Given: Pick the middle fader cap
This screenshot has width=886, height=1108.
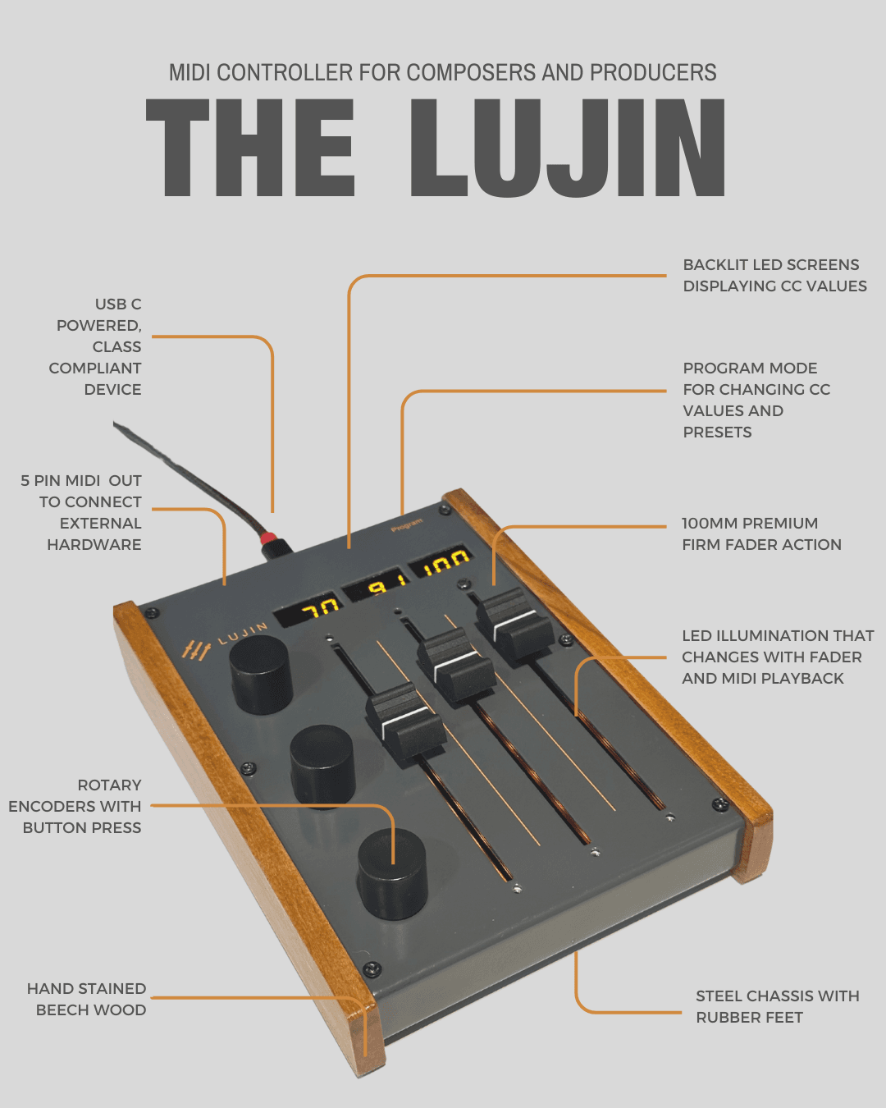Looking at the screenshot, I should point(456,663).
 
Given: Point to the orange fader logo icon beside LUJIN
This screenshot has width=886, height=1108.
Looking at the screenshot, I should point(196,650).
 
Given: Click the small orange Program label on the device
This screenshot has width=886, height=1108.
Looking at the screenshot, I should point(407,524).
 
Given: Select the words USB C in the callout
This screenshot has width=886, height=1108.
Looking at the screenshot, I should point(118,304).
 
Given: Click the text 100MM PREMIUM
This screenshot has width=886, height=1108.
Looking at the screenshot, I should point(750,524).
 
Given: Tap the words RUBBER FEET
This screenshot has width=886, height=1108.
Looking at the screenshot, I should point(749,1018).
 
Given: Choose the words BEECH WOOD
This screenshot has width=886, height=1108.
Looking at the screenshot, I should point(91,1010).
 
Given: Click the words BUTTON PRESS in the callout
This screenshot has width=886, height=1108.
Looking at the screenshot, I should point(82,828).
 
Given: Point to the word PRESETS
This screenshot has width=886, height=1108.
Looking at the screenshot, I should point(717,433).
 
